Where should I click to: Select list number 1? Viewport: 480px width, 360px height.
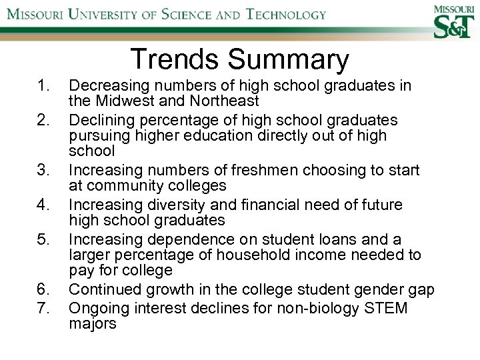(x=44, y=86)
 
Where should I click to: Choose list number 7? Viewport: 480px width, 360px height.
(x=44, y=309)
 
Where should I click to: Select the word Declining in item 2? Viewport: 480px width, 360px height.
(x=100, y=120)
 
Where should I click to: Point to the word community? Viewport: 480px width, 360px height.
(x=128, y=185)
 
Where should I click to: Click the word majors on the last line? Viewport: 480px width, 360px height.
(x=93, y=325)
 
